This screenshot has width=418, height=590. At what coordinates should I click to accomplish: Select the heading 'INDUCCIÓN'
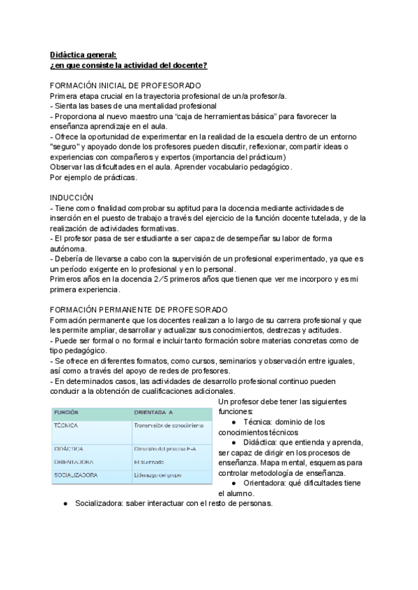[73, 197]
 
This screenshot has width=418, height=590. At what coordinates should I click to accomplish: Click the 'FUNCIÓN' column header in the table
[68, 412]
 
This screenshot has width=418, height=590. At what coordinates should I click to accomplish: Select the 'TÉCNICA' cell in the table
[65, 424]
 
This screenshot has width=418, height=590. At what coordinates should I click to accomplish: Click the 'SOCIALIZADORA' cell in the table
[76, 475]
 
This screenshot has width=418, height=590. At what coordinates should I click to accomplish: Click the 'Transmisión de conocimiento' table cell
[168, 424]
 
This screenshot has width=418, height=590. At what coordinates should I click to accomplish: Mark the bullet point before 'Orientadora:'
[232, 482]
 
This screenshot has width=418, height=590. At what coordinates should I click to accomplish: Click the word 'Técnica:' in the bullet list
[259, 422]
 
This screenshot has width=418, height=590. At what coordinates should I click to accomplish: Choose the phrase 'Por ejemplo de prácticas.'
[93, 177]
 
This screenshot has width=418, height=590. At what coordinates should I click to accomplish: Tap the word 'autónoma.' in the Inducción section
[69, 248]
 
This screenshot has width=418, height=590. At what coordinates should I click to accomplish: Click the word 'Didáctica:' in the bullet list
[263, 442]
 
